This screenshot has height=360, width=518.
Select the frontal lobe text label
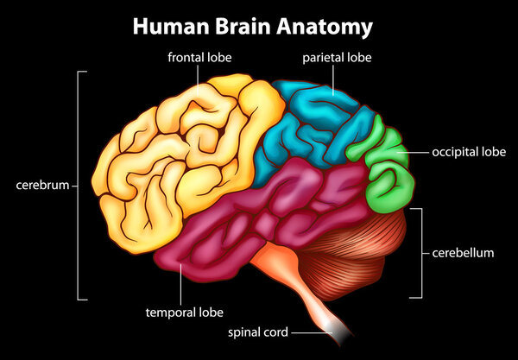click(x=200, y=58)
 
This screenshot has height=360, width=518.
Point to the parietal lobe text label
click(x=332, y=58)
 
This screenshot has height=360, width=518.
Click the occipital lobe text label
click(x=468, y=151)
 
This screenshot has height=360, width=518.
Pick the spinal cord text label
click(x=257, y=331)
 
